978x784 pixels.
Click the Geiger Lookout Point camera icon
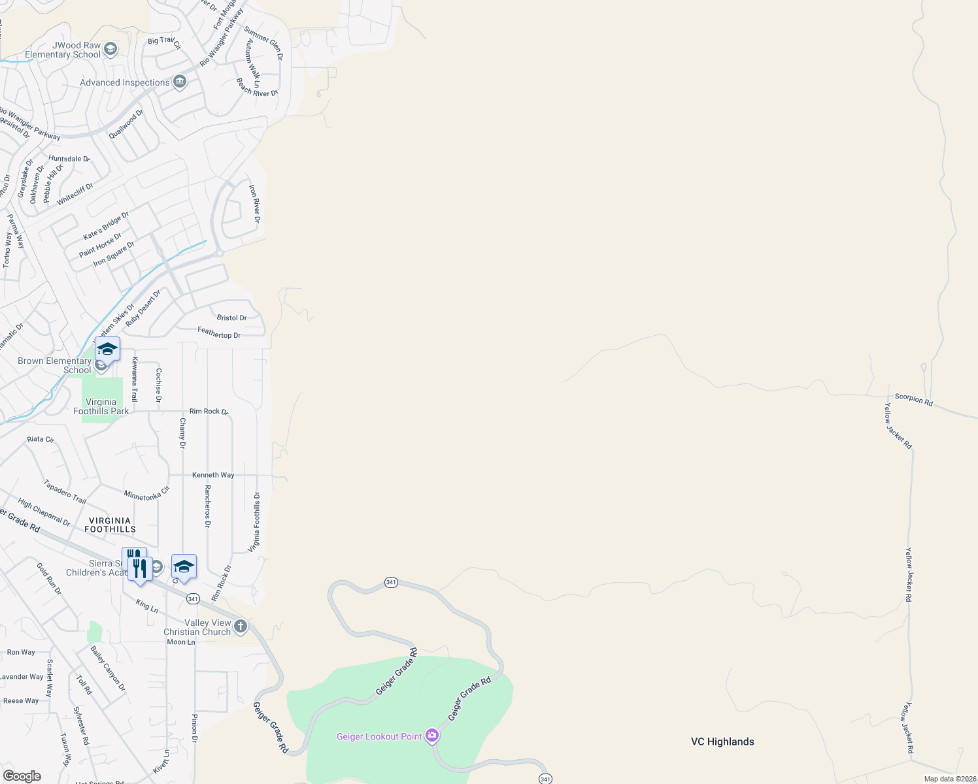point(431,736)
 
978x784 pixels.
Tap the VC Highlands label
point(722,742)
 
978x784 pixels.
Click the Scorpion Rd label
point(913,399)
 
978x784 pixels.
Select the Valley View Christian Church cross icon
point(241,627)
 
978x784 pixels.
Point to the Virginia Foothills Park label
point(101,406)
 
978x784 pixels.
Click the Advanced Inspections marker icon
point(180,82)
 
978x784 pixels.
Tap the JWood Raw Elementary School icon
point(110,49)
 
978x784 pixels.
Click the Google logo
point(22,776)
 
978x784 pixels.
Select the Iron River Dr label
point(254,203)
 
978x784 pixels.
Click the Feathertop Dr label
point(219,333)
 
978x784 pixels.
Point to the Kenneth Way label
point(213,475)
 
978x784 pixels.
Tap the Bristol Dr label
point(231,318)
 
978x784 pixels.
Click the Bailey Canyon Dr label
point(108,668)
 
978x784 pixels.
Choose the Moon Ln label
point(181,642)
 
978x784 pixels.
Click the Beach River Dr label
point(257,88)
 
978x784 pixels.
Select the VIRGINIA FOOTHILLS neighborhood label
point(110,525)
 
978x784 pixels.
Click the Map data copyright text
point(950,779)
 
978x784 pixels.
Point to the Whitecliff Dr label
point(75,195)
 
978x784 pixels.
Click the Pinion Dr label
point(194,728)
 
